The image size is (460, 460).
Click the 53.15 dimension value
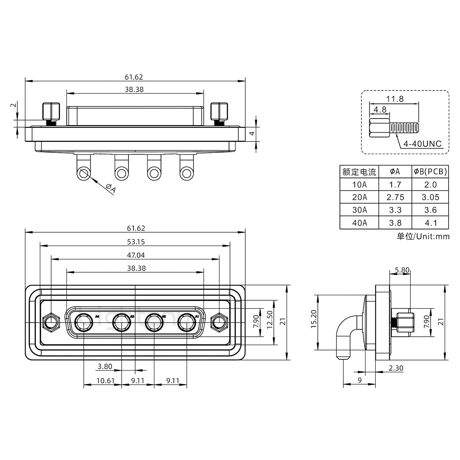click(135, 242)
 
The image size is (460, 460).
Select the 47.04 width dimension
click(135, 255)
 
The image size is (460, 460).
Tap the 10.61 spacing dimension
click(105, 380)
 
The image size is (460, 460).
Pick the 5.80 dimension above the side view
click(402, 270)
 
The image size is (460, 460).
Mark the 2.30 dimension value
click(396, 368)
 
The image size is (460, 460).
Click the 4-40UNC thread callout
click(422, 144)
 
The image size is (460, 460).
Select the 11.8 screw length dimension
click(395, 99)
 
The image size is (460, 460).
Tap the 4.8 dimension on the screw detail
click(379, 110)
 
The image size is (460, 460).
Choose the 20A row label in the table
click(359, 197)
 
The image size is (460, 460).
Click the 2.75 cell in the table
click(395, 197)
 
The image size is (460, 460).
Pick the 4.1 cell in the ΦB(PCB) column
click(430, 223)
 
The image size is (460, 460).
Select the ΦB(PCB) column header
click(430, 172)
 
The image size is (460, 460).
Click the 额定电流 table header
click(359, 172)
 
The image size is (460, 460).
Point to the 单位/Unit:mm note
click(423, 236)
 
